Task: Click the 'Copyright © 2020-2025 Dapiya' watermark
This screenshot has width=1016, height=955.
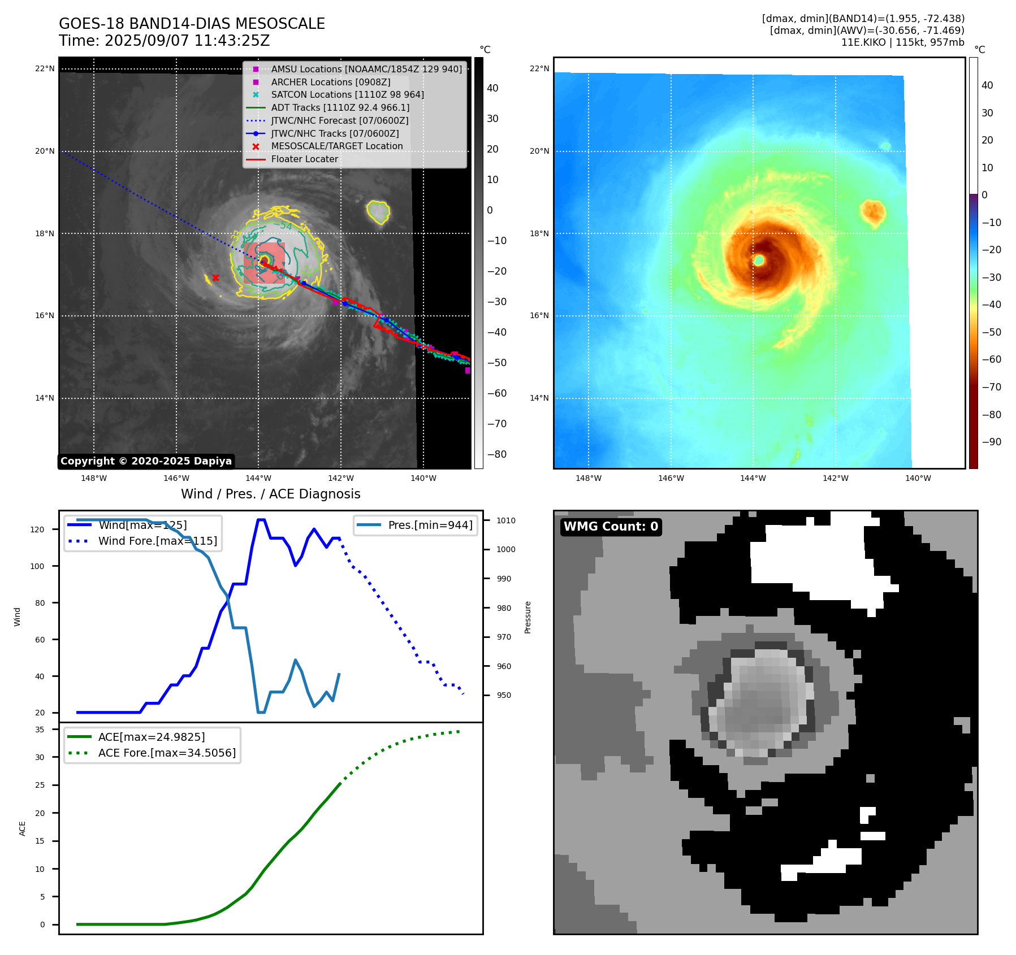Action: (146, 461)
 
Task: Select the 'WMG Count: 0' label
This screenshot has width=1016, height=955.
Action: (611, 527)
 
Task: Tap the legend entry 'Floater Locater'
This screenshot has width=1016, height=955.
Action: (304, 159)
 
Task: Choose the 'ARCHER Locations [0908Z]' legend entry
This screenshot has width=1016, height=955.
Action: (330, 82)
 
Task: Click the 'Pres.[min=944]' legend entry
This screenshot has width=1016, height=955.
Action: (430, 525)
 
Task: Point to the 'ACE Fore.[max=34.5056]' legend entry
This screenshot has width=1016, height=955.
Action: (167, 753)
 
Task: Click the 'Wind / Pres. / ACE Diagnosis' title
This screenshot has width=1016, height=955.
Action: (270, 494)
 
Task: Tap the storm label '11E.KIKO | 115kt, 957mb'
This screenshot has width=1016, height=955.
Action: (902, 42)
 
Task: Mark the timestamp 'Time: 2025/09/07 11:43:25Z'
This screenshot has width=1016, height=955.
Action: (164, 41)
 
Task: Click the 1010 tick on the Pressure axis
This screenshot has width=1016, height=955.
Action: (506, 520)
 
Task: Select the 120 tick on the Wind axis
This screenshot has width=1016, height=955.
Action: (37, 529)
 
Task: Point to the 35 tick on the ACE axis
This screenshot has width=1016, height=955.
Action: (40, 730)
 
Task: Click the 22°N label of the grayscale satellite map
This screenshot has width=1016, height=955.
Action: (45, 69)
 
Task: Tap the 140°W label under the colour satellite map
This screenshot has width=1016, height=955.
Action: (918, 478)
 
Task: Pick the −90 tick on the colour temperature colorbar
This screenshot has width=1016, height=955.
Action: (991, 442)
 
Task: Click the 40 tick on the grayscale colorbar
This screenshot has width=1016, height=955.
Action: (492, 88)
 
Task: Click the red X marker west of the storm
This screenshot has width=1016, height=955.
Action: (215, 277)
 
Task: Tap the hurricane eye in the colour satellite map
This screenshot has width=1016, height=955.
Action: (759, 260)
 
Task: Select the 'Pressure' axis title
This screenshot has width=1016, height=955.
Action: (528, 617)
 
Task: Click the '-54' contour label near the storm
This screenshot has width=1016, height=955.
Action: (286, 226)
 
